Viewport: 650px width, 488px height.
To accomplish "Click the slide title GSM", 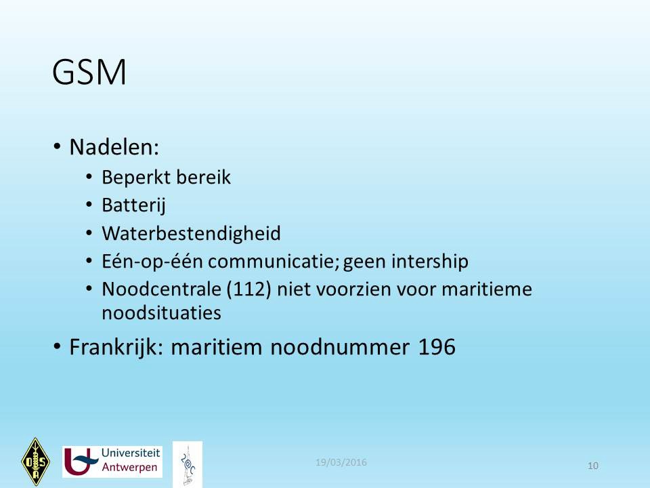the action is click(x=89, y=73).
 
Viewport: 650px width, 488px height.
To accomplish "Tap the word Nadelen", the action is click(x=114, y=147).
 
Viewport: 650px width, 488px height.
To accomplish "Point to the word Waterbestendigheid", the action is click(x=191, y=234).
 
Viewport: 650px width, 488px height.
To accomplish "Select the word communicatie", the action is click(x=274, y=262).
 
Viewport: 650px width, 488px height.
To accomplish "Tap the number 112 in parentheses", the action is click(x=248, y=289).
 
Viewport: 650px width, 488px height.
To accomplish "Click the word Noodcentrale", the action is click(x=161, y=289).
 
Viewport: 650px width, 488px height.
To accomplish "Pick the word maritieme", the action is click(x=487, y=289).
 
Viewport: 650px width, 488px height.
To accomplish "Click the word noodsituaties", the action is click(x=161, y=313).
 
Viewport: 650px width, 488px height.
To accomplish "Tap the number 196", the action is click(x=437, y=347).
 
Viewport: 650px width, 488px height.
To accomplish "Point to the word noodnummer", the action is click(x=340, y=347).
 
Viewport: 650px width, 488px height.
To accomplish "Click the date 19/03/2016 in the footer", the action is click(x=341, y=462).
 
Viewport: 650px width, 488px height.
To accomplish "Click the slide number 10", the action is click(x=593, y=466).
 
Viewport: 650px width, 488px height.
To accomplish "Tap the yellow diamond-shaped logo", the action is click(x=36, y=462).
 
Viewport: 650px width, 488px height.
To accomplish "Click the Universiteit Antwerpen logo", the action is click(x=112, y=462).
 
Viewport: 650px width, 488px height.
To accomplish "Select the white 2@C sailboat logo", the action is click(x=188, y=464).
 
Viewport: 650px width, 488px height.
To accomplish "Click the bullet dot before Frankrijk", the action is click(x=57, y=346).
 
